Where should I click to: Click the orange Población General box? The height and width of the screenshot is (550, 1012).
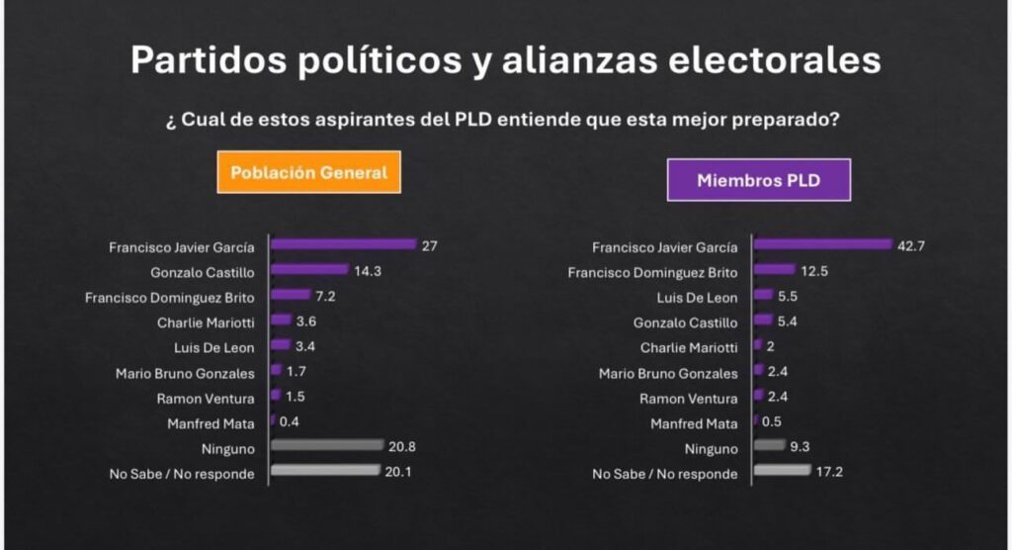click(308, 172)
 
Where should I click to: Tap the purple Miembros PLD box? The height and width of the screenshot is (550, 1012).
click(758, 180)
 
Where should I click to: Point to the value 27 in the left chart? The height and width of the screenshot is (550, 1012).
click(429, 245)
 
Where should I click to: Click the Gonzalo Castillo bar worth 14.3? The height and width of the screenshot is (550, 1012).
click(309, 269)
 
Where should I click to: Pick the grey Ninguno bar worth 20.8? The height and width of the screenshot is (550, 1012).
click(326, 447)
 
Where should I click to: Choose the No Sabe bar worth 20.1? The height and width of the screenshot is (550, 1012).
click(325, 472)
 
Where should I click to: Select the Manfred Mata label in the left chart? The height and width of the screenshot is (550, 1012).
click(211, 423)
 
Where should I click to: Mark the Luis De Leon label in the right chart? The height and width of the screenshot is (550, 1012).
click(696, 297)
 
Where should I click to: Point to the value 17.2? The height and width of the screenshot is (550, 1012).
click(827, 473)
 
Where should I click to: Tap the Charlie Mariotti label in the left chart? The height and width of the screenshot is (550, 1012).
click(206, 321)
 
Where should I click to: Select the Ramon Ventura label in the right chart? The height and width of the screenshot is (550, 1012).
click(688, 398)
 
